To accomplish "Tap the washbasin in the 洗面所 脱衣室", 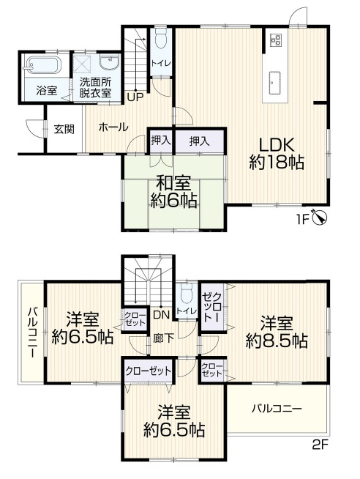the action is point(110,62).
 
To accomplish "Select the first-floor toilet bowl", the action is point(160,38).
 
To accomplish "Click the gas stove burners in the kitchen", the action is point(276,40).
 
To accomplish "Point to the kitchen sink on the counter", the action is point(275,83).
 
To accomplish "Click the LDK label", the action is point(277,145).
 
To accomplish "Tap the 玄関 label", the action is point(64,129).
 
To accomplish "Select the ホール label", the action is point(113,127).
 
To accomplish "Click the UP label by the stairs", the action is point(135,97).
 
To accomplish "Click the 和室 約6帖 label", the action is point(173,192).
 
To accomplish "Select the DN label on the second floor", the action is point(161,315).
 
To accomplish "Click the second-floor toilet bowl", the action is point(186,294).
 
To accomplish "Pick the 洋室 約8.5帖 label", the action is point(277,333).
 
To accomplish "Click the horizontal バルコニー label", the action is point(277,408).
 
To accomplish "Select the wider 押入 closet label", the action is point(200,141).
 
